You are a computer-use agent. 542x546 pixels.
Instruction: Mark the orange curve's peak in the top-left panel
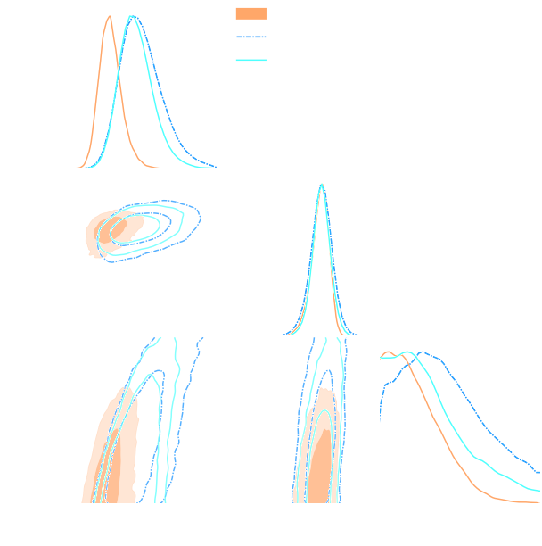click(109, 16)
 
